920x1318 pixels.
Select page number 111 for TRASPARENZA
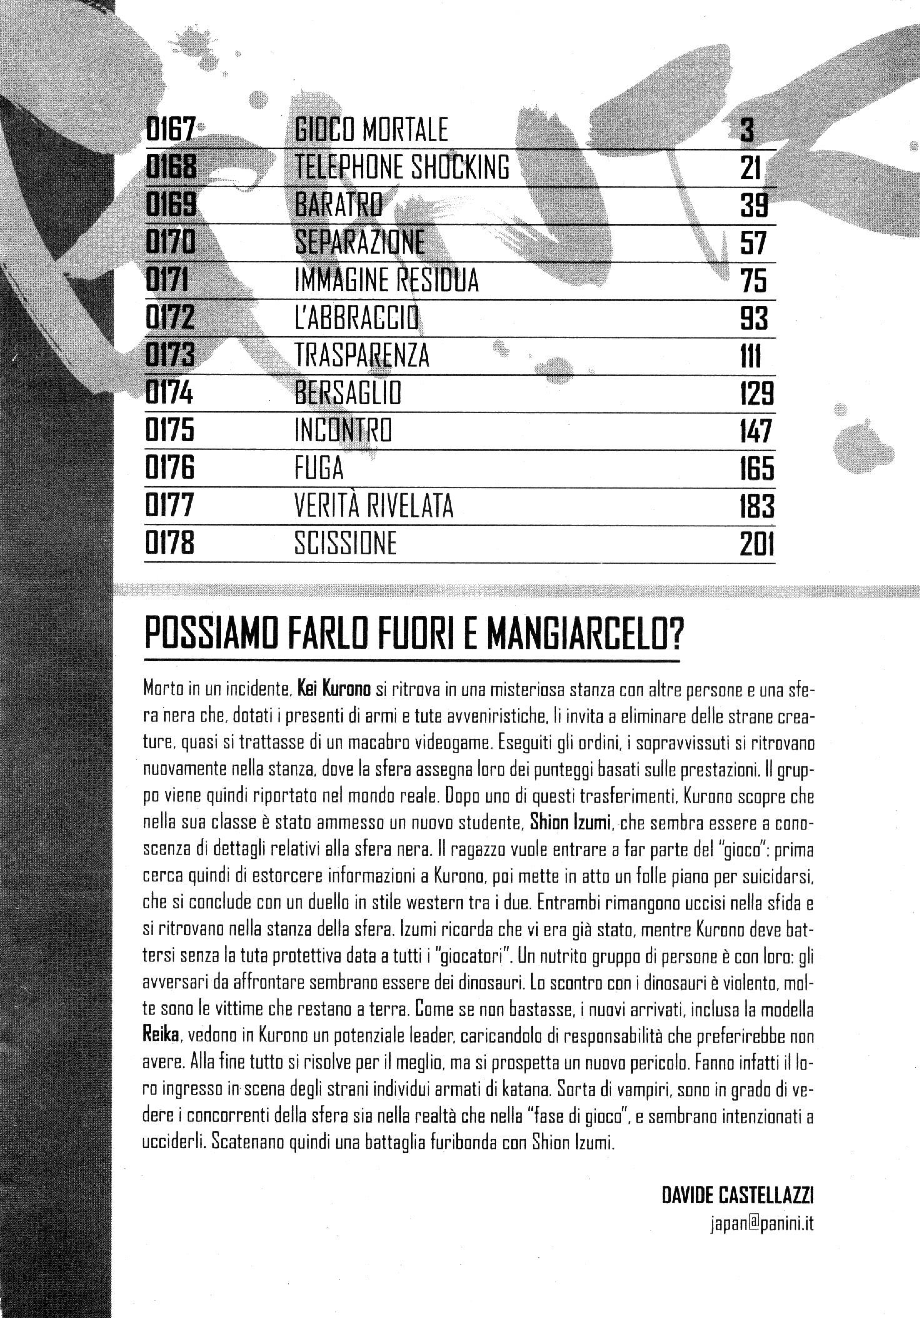tap(750, 357)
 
